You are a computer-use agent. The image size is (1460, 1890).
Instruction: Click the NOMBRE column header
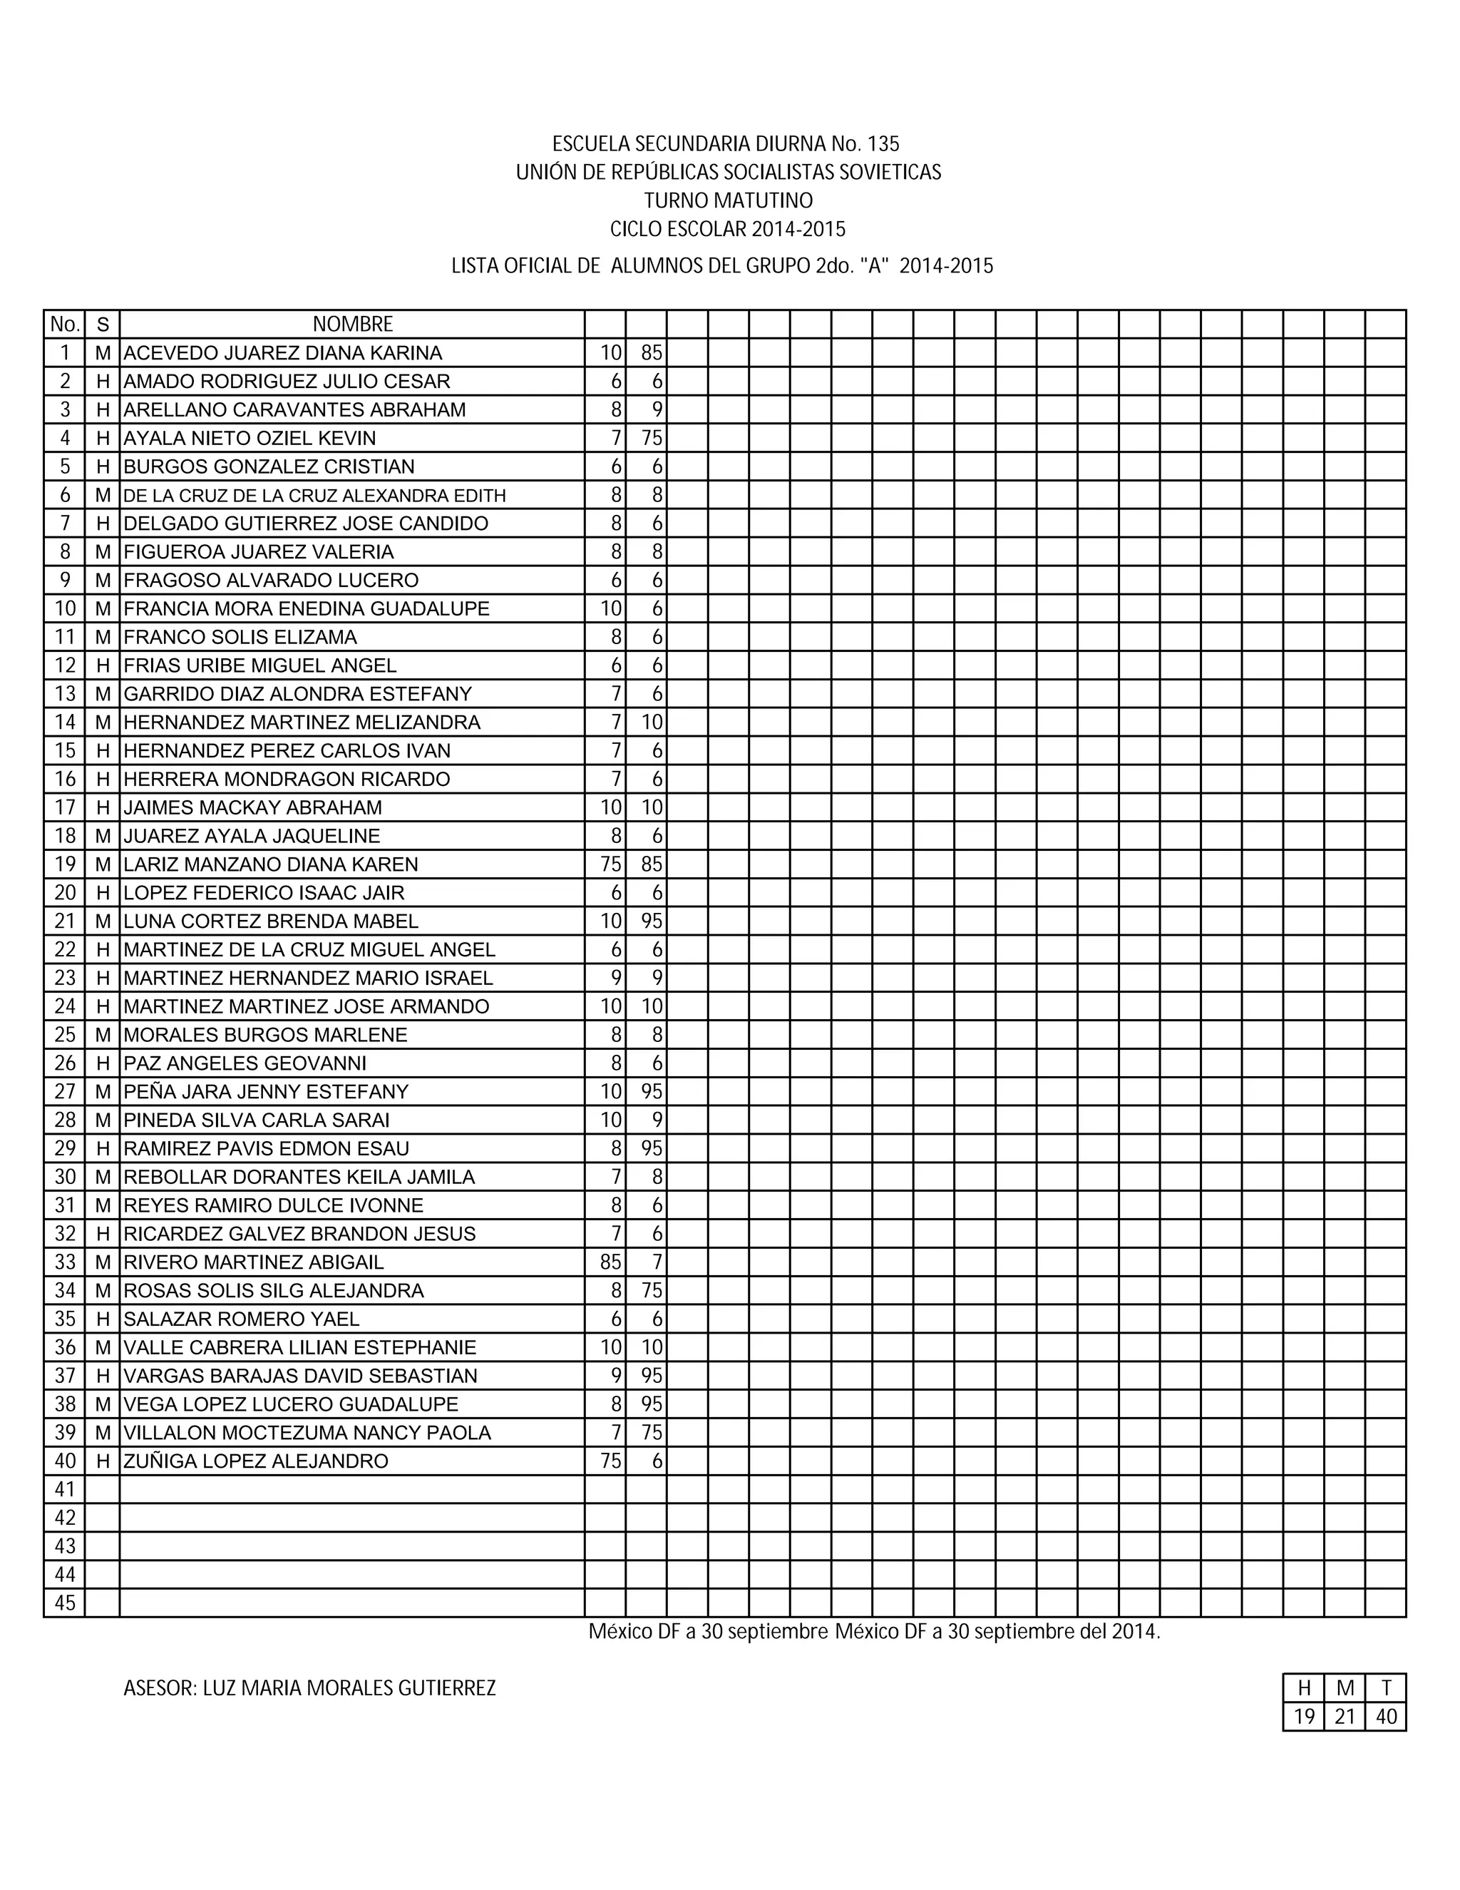click(x=352, y=325)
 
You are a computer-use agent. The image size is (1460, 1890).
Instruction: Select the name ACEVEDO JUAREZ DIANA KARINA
click(x=283, y=353)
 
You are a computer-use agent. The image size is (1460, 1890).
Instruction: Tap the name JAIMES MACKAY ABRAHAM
click(x=252, y=807)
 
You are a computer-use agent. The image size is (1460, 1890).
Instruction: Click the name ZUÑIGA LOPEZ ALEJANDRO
click(x=256, y=1461)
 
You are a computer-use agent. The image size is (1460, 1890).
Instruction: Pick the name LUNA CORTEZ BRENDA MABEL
click(x=271, y=921)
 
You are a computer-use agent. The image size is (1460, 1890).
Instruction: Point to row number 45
click(x=65, y=1603)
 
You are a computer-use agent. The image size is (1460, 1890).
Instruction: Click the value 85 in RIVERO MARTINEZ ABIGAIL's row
click(x=611, y=1262)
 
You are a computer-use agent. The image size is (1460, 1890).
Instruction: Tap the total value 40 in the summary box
click(x=1386, y=1717)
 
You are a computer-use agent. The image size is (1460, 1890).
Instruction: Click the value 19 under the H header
click(x=1303, y=1717)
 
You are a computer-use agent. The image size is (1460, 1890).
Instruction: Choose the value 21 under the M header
click(x=1345, y=1717)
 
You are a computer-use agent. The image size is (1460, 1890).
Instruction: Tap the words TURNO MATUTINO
click(x=729, y=201)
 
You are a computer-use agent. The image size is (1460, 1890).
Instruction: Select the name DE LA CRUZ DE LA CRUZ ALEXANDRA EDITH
click(x=315, y=496)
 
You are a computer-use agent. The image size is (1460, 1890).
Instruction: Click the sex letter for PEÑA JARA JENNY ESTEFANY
click(x=103, y=1092)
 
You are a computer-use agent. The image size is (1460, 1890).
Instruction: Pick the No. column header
click(x=65, y=325)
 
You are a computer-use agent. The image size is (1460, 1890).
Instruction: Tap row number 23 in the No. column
click(x=65, y=978)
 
